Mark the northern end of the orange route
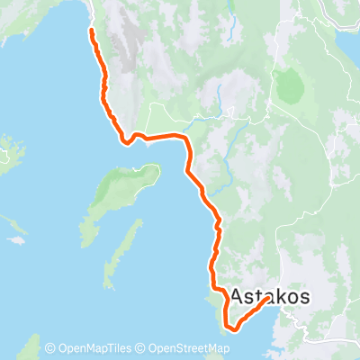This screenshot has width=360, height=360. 91,31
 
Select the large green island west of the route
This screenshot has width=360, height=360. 126,184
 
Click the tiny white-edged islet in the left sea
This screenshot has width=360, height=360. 16,241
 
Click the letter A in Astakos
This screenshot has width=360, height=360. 240,296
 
